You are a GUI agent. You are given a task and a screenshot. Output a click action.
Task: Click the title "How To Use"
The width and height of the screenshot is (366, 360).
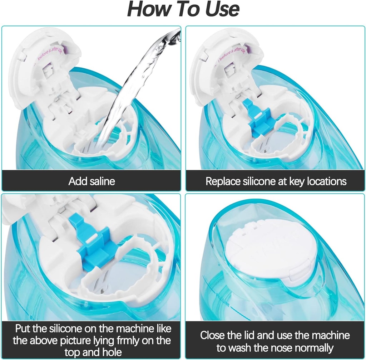pos(183,10)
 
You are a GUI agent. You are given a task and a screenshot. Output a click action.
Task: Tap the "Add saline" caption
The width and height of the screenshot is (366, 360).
pos(91,181)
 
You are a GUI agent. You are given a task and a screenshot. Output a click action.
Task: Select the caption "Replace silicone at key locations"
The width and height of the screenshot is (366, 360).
pos(276,181)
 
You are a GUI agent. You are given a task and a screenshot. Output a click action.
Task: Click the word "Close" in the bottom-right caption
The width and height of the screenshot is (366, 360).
pos(213,335)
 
